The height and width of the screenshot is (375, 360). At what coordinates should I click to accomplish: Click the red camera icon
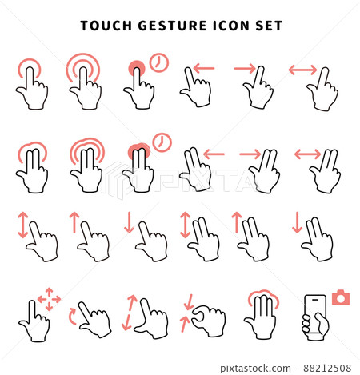342,297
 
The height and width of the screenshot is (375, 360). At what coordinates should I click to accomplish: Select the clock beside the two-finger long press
161,142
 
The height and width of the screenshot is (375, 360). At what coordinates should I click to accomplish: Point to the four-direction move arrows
50,299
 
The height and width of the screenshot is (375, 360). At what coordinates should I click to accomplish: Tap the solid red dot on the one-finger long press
137,68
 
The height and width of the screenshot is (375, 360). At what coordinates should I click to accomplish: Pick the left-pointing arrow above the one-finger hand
204,69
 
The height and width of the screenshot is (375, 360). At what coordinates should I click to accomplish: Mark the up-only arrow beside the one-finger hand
74,221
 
